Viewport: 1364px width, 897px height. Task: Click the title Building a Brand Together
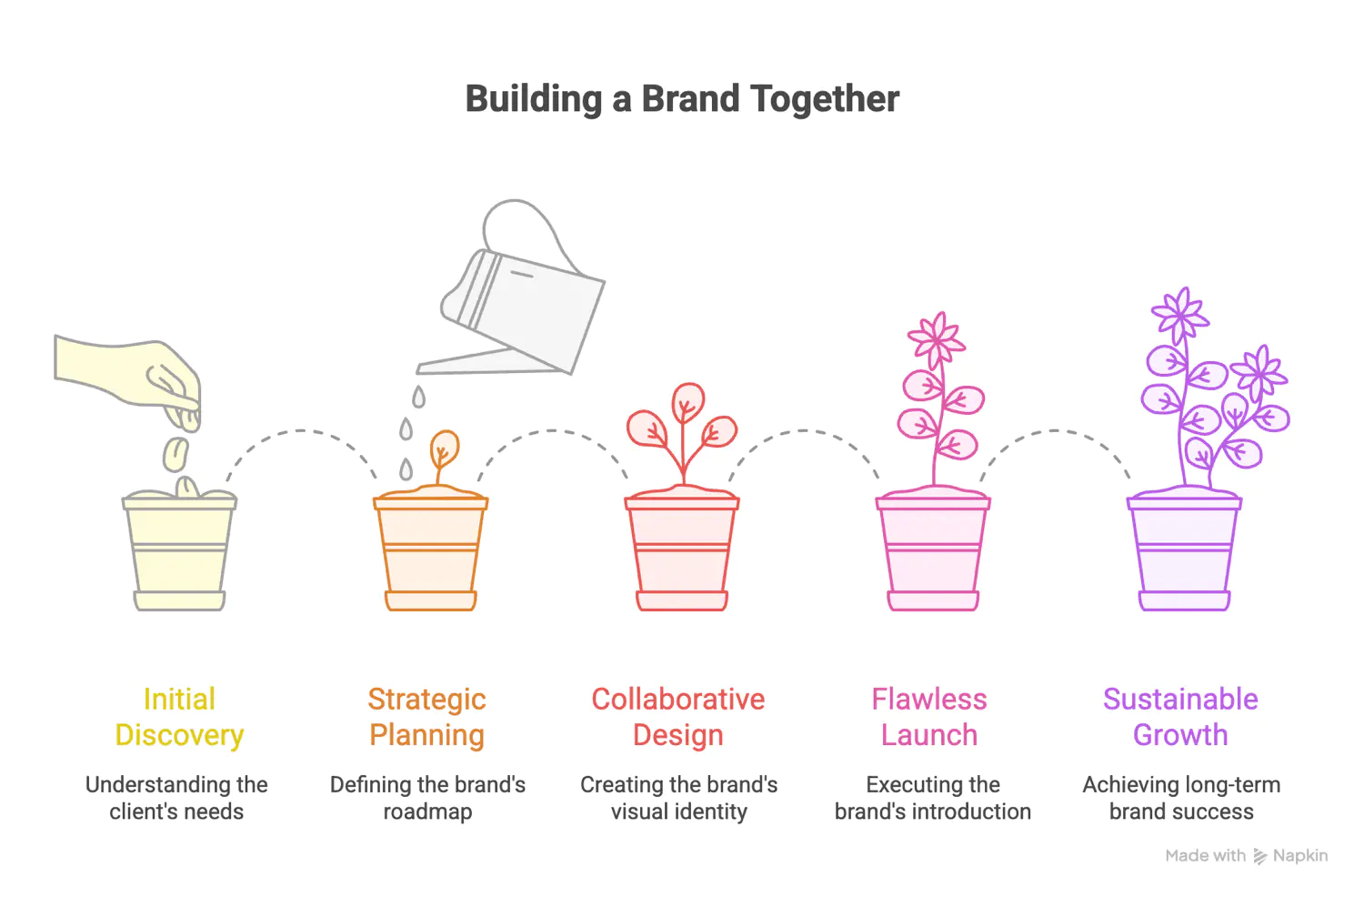[x=682, y=99]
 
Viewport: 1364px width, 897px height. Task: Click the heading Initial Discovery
[x=179, y=717]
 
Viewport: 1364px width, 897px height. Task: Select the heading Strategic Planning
[x=427, y=717]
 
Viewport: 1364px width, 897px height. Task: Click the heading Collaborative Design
[x=678, y=717]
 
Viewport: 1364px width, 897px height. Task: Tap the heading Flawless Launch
[x=929, y=717]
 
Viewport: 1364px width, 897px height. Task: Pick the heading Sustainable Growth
[x=1180, y=717]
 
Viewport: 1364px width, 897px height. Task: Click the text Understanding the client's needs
[x=176, y=798]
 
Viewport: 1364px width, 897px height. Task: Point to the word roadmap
[x=427, y=811]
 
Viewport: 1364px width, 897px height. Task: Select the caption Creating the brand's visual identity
[x=678, y=798]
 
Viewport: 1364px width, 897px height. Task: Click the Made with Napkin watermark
[x=1246, y=856]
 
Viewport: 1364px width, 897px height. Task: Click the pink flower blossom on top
[x=937, y=338]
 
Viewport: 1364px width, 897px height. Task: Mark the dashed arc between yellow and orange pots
[x=301, y=431]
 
